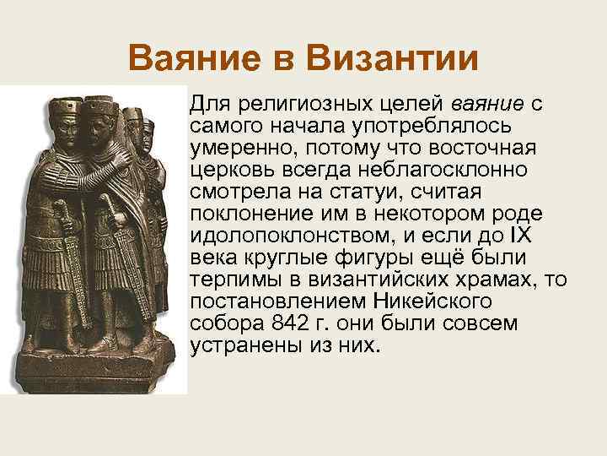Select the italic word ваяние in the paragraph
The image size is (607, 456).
487,105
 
